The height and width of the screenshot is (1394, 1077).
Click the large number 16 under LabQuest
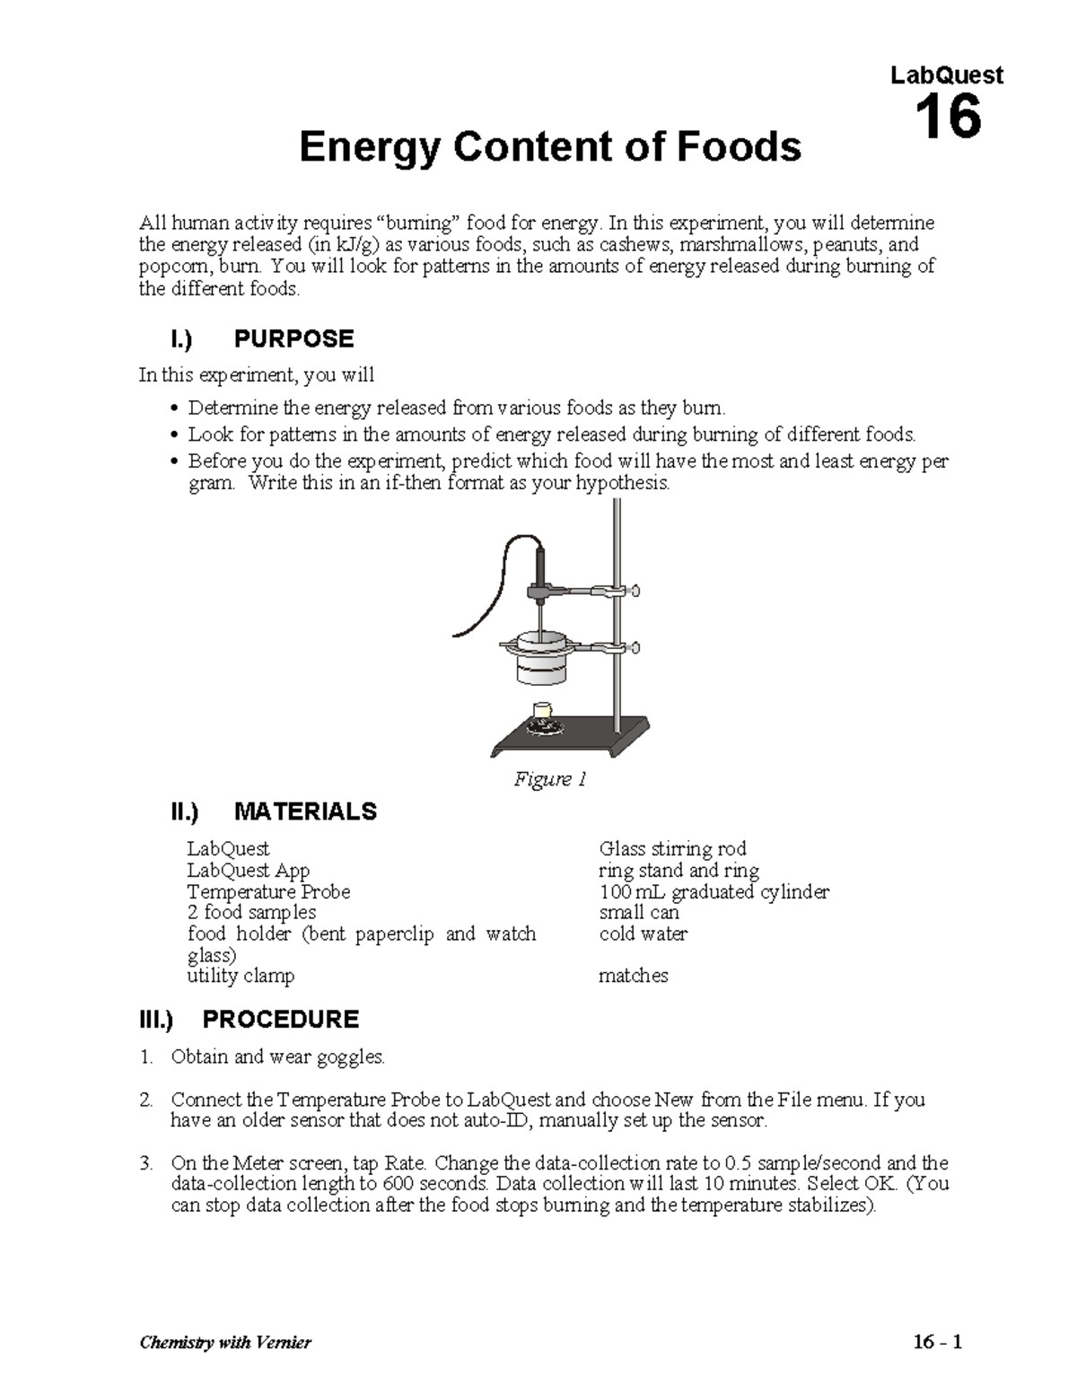tap(947, 118)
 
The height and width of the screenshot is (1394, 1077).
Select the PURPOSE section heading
tap(293, 338)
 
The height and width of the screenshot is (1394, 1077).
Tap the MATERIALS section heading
tap(305, 811)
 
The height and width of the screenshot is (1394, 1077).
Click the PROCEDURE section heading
tap(280, 1019)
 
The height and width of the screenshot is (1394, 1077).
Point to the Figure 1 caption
tap(549, 779)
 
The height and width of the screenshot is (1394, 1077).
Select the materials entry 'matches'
tap(633, 976)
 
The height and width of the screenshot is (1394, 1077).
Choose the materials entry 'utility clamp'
tap(241, 976)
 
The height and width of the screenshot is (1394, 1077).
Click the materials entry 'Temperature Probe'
tap(268, 891)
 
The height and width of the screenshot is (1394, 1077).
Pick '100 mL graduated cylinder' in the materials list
tap(714, 891)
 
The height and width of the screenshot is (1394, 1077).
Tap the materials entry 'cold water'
tap(643, 934)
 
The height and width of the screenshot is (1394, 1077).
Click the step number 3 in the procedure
tap(145, 1163)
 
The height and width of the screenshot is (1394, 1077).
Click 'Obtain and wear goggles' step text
tap(277, 1056)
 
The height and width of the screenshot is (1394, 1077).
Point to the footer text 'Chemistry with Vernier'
tap(225, 1343)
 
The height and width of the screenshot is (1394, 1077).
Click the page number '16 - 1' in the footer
tap(937, 1343)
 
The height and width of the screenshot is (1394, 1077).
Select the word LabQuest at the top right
tap(946, 75)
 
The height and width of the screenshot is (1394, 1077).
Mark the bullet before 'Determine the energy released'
tap(174, 409)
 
